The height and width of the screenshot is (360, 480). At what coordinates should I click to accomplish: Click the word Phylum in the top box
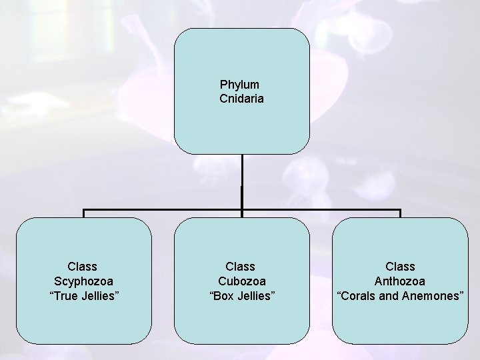point(239,85)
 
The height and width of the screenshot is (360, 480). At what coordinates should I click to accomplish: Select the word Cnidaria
point(241,99)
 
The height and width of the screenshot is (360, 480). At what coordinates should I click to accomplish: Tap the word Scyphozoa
point(83,281)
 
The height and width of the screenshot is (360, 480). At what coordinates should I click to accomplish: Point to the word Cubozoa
point(241,281)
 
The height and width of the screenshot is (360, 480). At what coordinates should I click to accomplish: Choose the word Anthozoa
point(400,281)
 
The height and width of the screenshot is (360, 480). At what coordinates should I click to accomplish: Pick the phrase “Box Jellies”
point(241,295)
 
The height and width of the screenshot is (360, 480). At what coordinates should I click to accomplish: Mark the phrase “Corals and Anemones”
point(400,295)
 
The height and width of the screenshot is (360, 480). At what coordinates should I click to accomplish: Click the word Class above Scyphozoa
point(83,267)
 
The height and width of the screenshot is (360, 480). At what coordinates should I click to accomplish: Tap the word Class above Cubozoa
point(241,267)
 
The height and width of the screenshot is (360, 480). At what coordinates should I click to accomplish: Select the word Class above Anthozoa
point(400,267)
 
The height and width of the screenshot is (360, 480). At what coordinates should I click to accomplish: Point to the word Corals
point(357,295)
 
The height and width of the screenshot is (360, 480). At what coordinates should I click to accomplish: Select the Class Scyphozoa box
point(83,320)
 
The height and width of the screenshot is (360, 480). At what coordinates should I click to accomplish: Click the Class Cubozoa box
point(241,320)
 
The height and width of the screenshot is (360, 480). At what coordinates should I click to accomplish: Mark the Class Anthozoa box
point(400,320)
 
